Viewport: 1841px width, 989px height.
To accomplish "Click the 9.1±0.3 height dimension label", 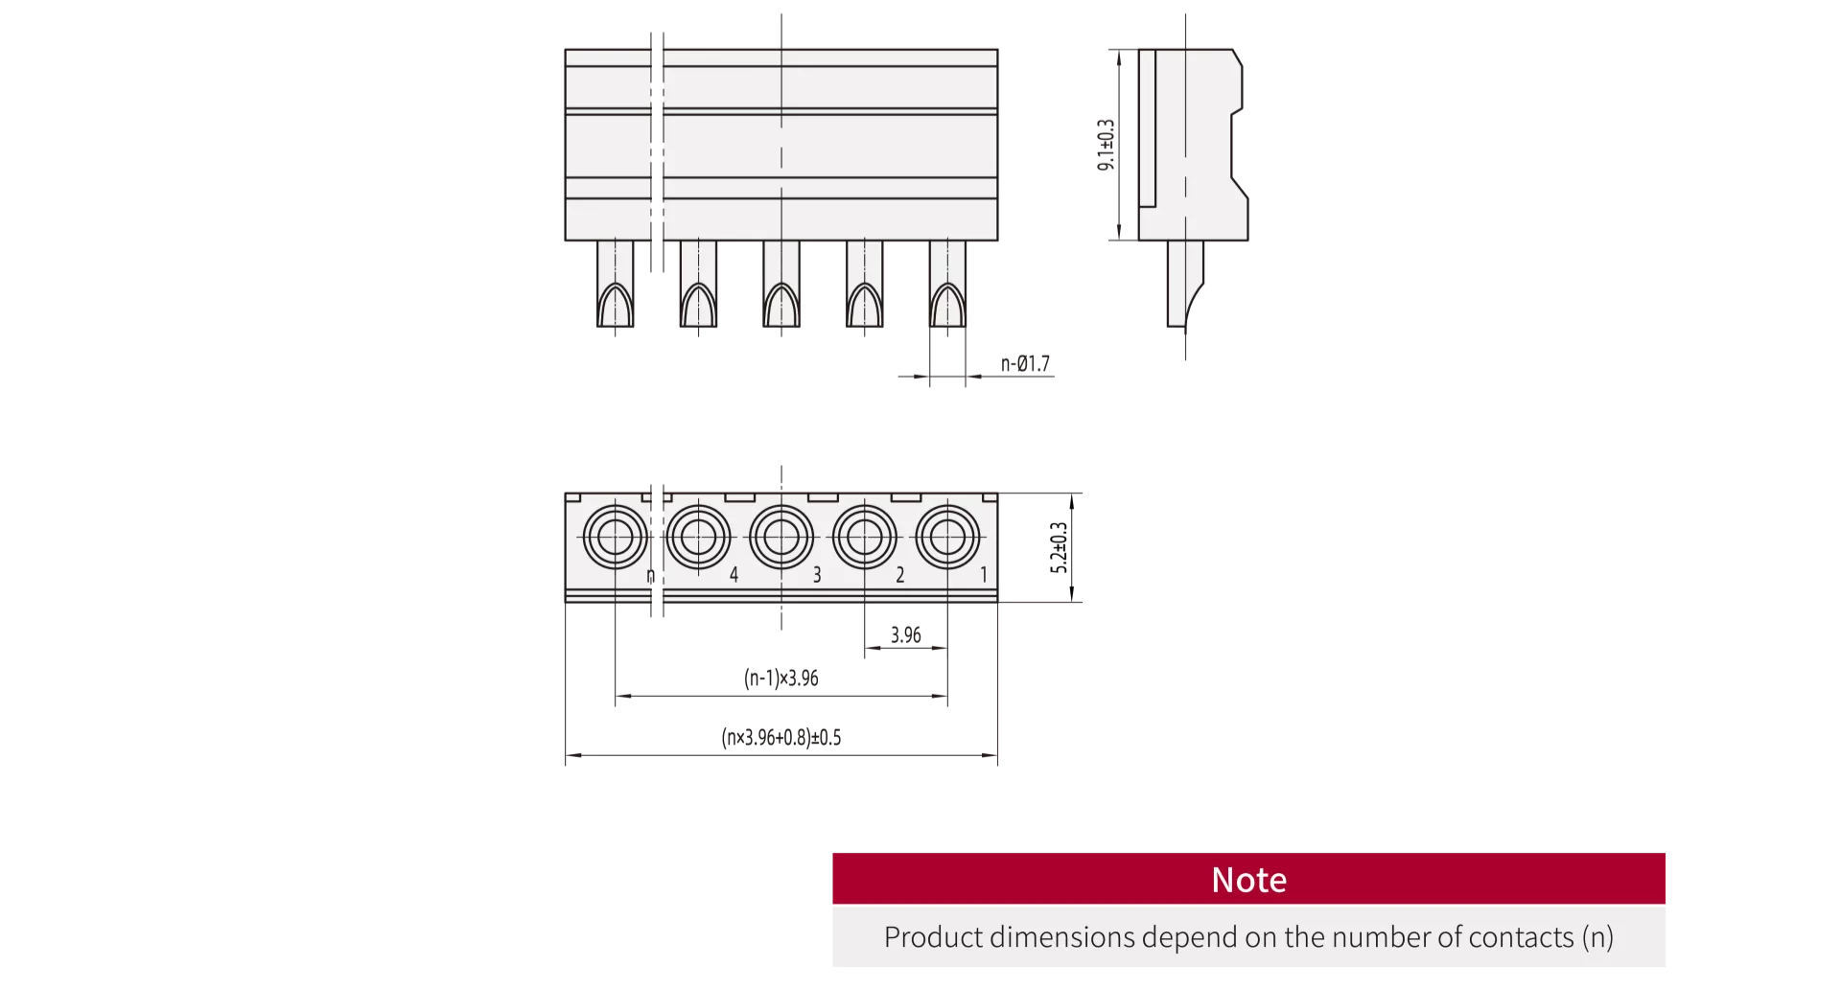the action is [x=1106, y=145].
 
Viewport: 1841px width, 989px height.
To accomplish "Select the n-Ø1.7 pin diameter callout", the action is [x=1025, y=364].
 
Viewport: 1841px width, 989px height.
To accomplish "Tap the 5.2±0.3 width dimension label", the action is [x=1059, y=547].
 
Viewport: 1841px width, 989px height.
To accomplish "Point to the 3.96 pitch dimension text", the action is [x=905, y=635].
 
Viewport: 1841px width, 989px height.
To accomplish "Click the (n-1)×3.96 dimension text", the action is [x=781, y=678].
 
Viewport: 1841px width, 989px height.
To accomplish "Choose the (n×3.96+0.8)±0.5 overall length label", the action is [x=781, y=738].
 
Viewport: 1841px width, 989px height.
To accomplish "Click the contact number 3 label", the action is [x=817, y=575].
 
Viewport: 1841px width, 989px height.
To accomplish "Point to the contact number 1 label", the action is [x=984, y=575].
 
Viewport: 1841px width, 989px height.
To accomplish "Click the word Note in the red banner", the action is [x=1248, y=880].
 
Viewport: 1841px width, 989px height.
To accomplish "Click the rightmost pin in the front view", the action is [x=947, y=284].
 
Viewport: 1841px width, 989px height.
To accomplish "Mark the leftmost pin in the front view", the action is [x=615, y=284].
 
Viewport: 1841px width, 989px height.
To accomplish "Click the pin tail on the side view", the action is [x=1185, y=284].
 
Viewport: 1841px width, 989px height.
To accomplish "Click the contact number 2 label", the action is [x=899, y=575].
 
